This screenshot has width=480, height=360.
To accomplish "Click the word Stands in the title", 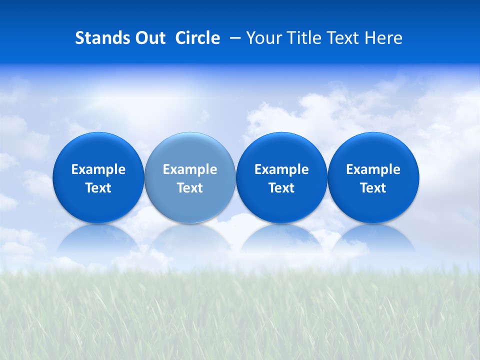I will [100, 38].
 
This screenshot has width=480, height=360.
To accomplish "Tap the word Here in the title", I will [383, 38].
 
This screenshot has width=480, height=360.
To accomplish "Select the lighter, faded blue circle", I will [190, 150].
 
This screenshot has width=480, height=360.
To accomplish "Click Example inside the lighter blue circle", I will [190, 169].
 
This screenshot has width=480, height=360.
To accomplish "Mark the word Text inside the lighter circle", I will [190, 188].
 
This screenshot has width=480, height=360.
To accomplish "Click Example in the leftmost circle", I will [98, 169].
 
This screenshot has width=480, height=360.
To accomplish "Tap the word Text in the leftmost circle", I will [98, 188].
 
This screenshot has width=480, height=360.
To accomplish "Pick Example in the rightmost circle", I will [373, 169].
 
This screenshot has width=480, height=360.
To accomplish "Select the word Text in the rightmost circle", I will [373, 188].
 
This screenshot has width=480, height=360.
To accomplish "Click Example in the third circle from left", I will [281, 169].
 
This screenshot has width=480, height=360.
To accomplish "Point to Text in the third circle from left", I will [281, 188].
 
